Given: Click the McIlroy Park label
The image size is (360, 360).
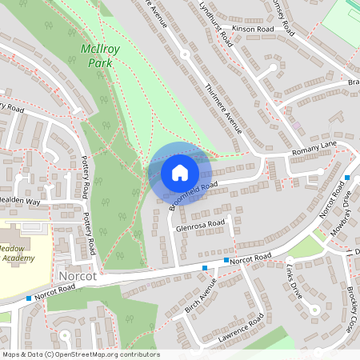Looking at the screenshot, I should coord(100,55).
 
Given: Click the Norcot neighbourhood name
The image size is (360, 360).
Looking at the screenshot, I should coord(78,276).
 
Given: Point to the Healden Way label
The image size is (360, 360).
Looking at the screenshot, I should coord(19,202).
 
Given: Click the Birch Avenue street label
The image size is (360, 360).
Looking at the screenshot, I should coord(201,298).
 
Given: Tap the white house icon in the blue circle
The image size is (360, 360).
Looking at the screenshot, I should coord(180,173).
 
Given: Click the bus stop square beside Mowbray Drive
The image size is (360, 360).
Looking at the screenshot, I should coord(347,178).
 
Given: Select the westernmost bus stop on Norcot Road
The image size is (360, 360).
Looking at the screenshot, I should coord(29,298).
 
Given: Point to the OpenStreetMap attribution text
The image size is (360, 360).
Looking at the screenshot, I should coord(80,354).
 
